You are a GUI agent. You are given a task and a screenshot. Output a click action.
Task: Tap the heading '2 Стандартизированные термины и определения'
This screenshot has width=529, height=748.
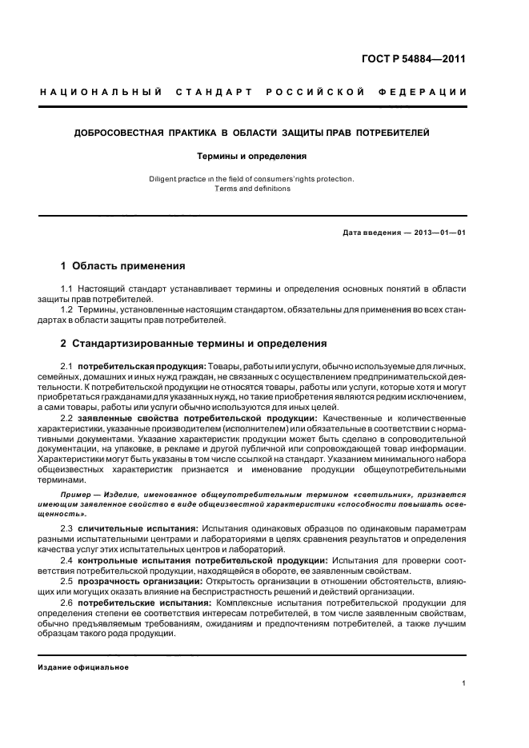(194, 344)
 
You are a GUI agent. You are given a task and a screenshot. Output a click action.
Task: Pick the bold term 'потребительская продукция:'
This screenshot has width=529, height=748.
(142, 365)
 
